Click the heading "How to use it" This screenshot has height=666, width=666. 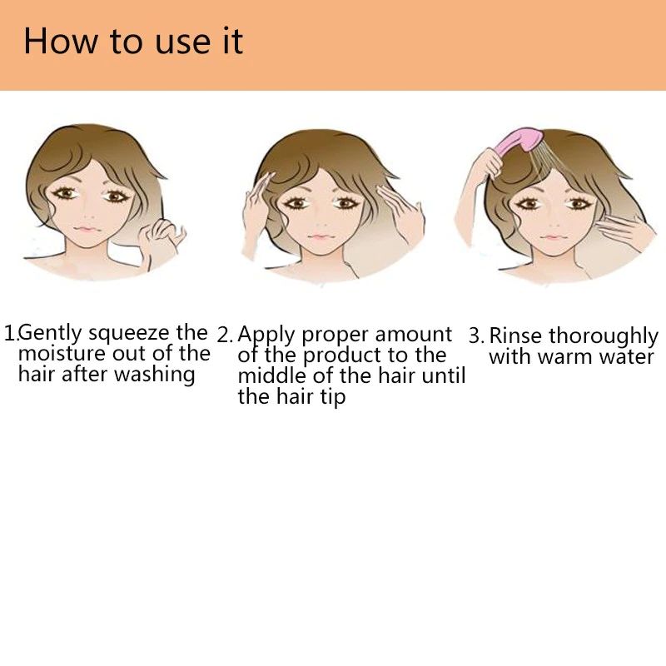pyautogui.click(x=133, y=41)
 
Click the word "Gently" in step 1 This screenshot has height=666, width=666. pyautogui.click(x=50, y=333)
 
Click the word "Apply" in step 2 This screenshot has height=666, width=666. pyautogui.click(x=266, y=335)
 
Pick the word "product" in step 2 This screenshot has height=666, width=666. pyautogui.click(x=343, y=356)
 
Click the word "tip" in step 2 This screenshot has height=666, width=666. pyautogui.click(x=333, y=398)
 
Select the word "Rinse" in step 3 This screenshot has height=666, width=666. pyautogui.click(x=515, y=335)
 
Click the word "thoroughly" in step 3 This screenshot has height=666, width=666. pyautogui.click(x=603, y=337)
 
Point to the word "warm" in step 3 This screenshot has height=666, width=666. pyautogui.click(x=565, y=357)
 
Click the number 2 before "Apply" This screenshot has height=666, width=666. pyautogui.click(x=222, y=335)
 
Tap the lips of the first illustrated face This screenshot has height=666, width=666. pyautogui.click(x=87, y=229)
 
